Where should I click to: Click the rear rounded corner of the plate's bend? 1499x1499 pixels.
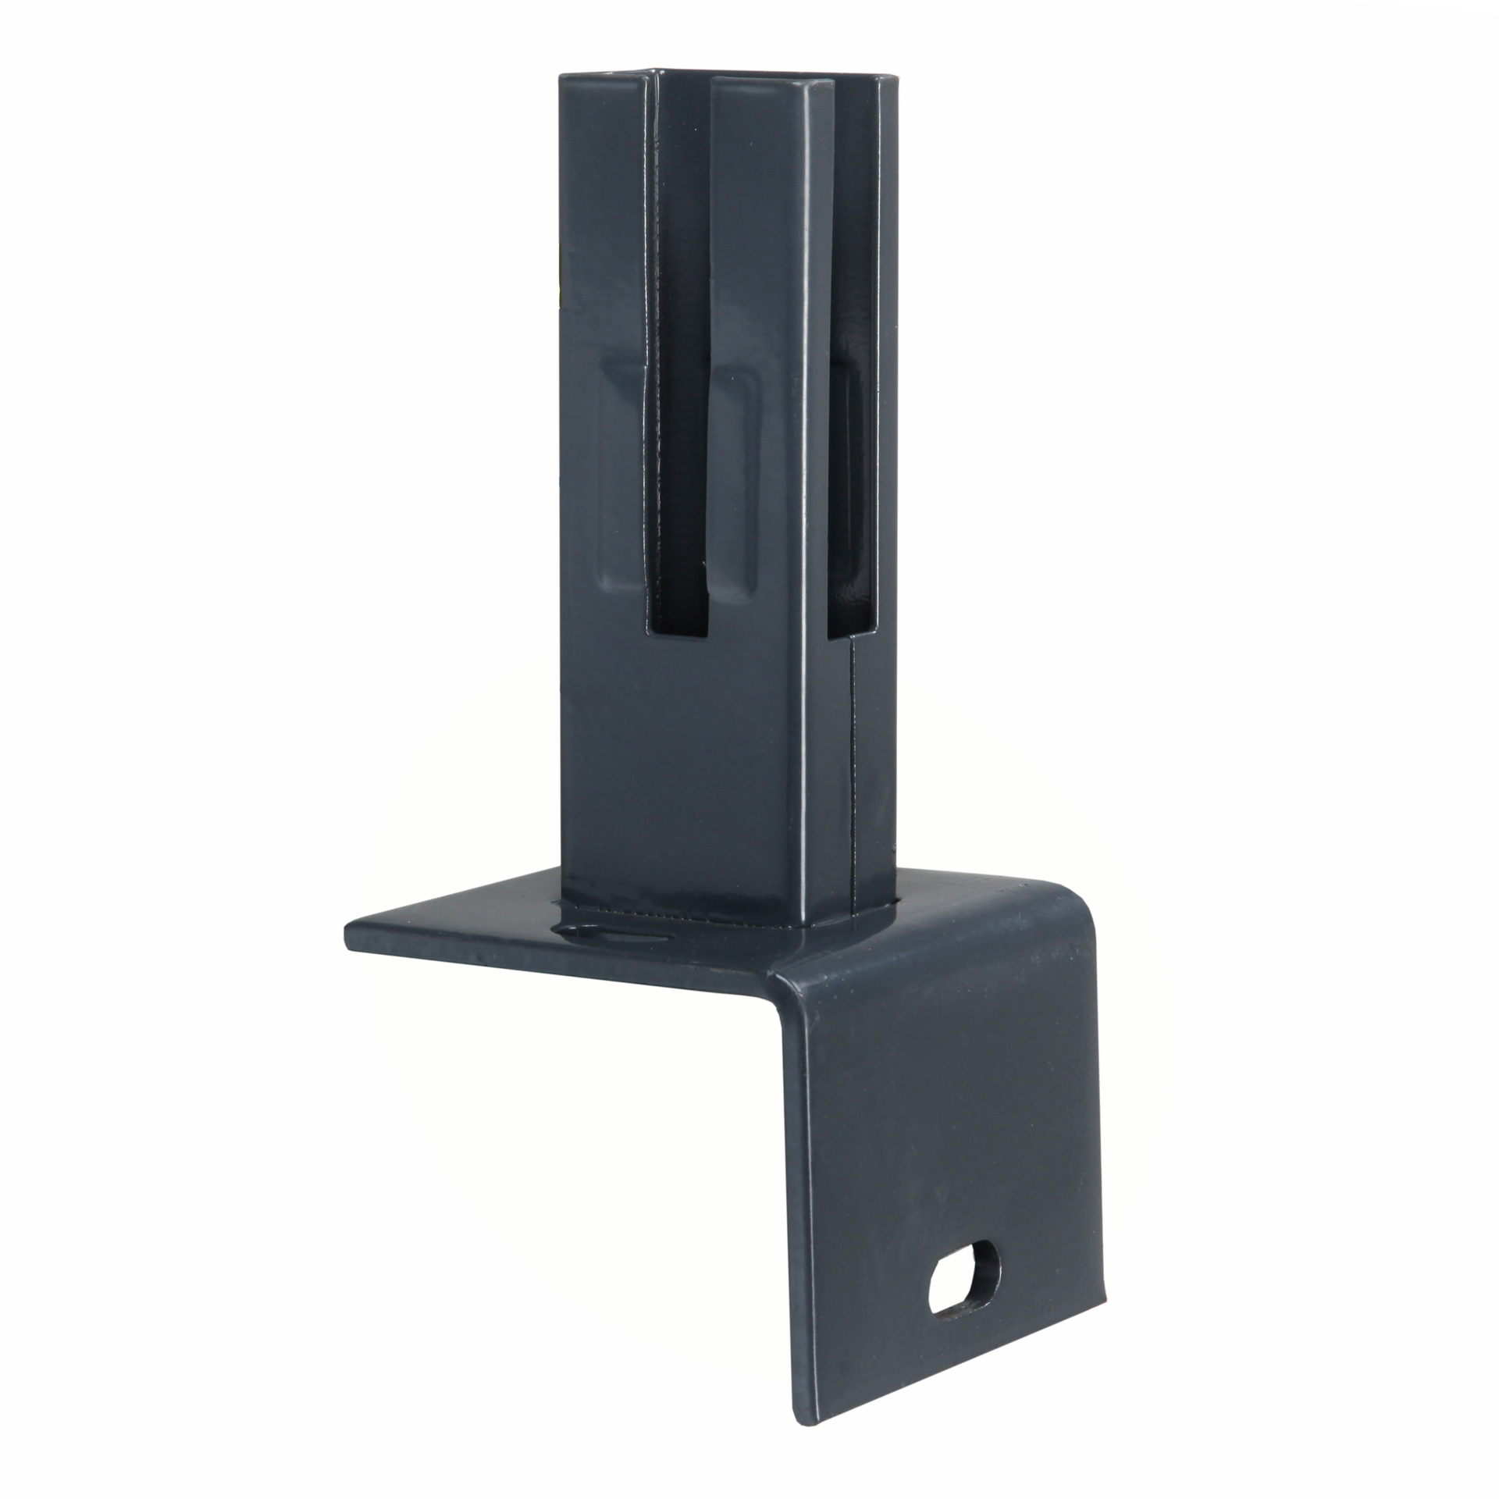click(1066, 921)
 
